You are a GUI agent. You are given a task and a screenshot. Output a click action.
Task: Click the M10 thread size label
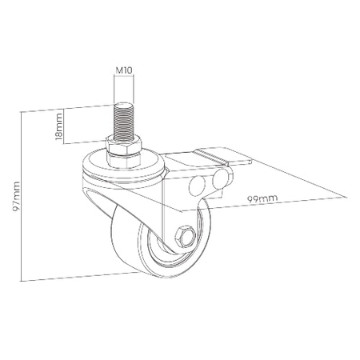[124, 70]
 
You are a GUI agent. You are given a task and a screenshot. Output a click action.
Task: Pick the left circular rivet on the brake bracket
[194, 187]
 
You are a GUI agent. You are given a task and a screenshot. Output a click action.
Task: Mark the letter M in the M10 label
[118, 70]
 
